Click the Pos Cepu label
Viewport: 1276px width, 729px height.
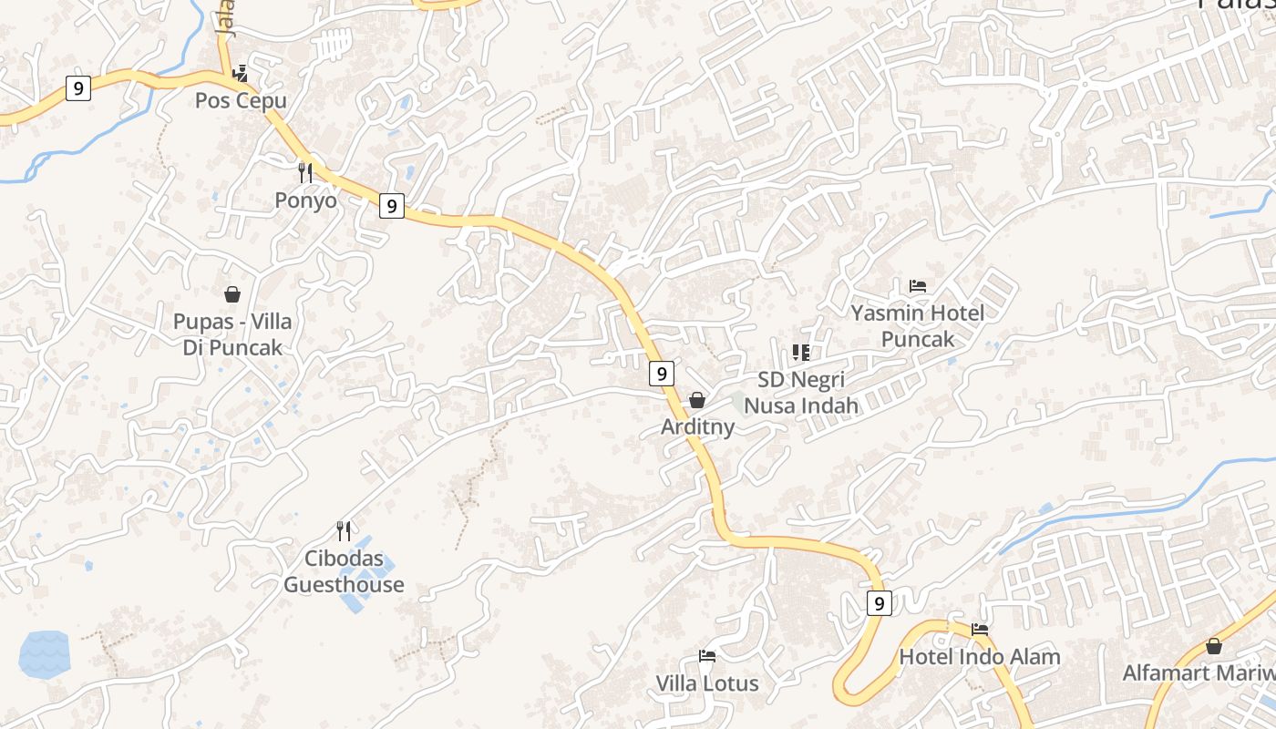click(241, 101)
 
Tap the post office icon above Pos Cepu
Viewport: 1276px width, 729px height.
click(240, 72)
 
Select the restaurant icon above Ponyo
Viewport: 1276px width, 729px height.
click(305, 172)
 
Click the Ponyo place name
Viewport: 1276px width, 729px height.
click(305, 200)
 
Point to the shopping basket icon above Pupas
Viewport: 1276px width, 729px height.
click(232, 294)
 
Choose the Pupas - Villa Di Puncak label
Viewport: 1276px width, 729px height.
click(232, 334)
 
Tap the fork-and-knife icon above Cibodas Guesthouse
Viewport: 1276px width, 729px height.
click(344, 530)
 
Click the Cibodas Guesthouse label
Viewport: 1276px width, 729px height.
click(344, 571)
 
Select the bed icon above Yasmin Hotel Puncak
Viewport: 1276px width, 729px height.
click(918, 286)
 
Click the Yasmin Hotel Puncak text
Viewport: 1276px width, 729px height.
click(918, 326)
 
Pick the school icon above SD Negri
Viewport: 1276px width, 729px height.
click(801, 352)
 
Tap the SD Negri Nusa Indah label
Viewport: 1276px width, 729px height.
click(801, 392)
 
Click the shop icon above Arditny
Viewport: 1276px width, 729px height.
click(697, 400)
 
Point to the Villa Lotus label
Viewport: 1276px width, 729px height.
click(707, 683)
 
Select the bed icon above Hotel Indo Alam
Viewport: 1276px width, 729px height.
click(980, 629)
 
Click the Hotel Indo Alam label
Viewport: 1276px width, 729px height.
click(980, 657)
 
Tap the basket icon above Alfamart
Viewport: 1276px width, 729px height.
click(1214, 646)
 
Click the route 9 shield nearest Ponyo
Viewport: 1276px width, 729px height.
click(392, 206)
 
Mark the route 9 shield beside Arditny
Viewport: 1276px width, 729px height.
click(663, 373)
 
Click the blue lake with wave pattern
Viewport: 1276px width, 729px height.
click(44, 654)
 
